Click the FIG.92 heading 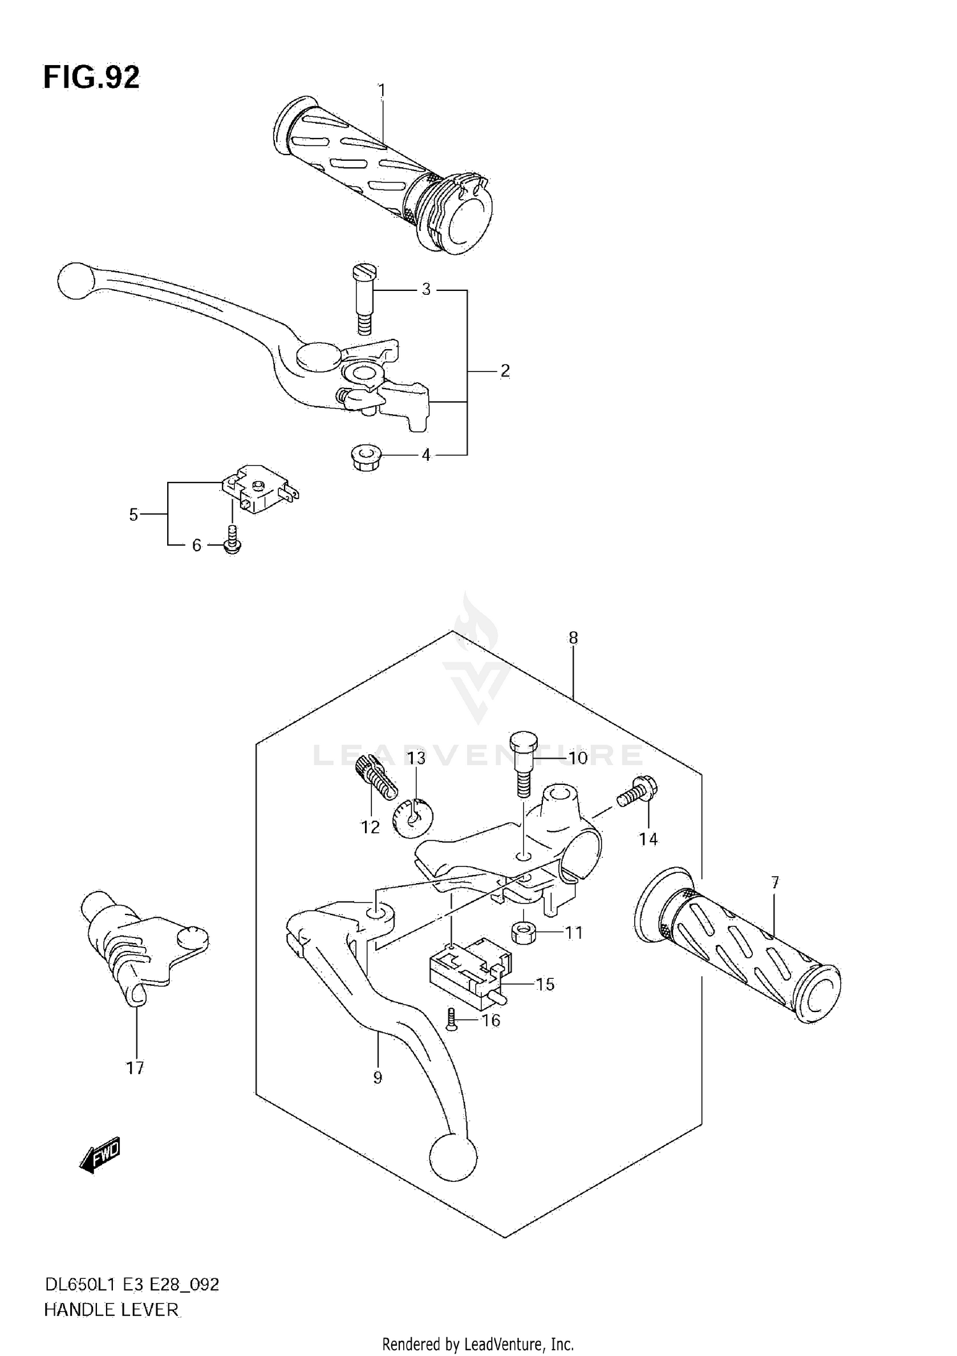(x=91, y=77)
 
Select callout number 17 (x=135, y=1068)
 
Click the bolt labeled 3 (x=364, y=299)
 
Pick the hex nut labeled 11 (x=523, y=933)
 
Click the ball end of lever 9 (x=453, y=1157)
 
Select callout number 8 (x=573, y=637)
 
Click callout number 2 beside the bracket (x=505, y=371)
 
